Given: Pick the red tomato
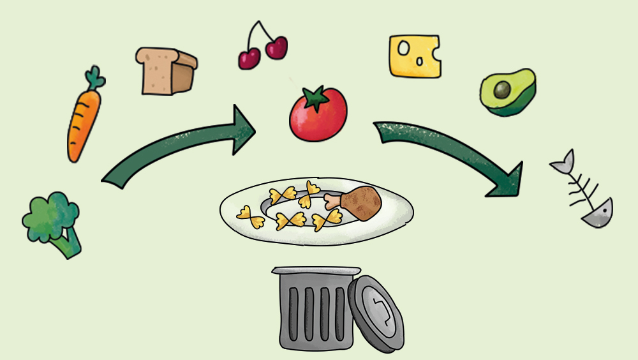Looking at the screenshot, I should (318, 115).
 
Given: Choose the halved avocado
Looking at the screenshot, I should (508, 93).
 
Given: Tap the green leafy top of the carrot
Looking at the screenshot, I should (96, 79).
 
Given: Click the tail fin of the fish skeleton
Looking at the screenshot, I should (561, 163).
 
